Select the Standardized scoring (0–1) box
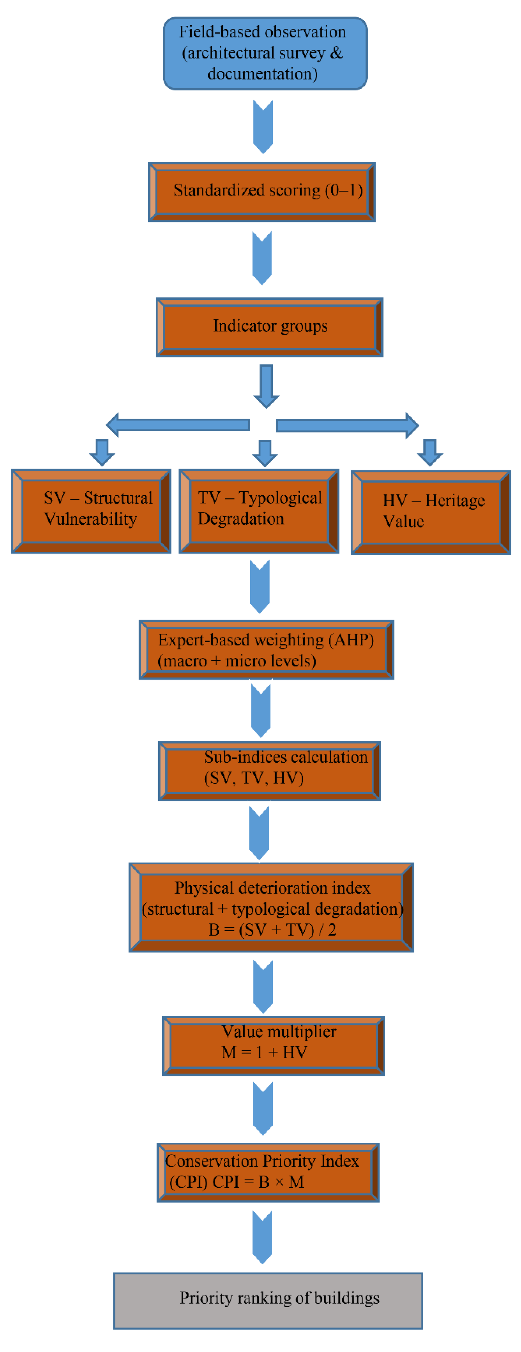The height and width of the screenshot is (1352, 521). click(262, 192)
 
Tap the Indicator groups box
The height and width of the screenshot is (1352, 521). click(269, 327)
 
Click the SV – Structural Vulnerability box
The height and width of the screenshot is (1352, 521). click(91, 511)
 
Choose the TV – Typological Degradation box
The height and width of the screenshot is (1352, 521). click(259, 511)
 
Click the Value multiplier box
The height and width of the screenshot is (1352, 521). click(273, 1045)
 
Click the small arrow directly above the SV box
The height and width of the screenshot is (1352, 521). click(102, 452)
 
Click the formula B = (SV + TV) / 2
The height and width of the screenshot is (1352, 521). click(272, 929)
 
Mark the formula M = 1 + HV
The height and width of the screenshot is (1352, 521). click(264, 1052)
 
